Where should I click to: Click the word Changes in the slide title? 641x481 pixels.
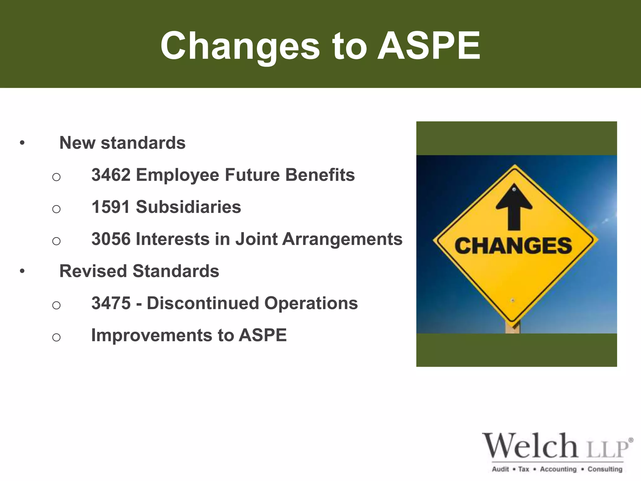[240, 46]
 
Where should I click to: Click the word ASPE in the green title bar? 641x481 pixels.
[429, 46]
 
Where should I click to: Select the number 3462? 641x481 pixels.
[111, 175]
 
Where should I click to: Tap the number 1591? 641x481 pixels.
[111, 207]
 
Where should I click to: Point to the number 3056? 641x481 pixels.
[111, 239]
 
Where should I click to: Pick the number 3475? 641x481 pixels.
[111, 303]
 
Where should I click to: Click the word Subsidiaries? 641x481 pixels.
[188, 207]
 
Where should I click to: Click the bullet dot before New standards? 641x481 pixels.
[22, 143]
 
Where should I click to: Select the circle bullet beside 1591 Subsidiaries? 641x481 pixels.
[56, 209]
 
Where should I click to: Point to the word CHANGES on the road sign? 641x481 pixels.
[513, 246]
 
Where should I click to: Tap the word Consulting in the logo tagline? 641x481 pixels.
[605, 469]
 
